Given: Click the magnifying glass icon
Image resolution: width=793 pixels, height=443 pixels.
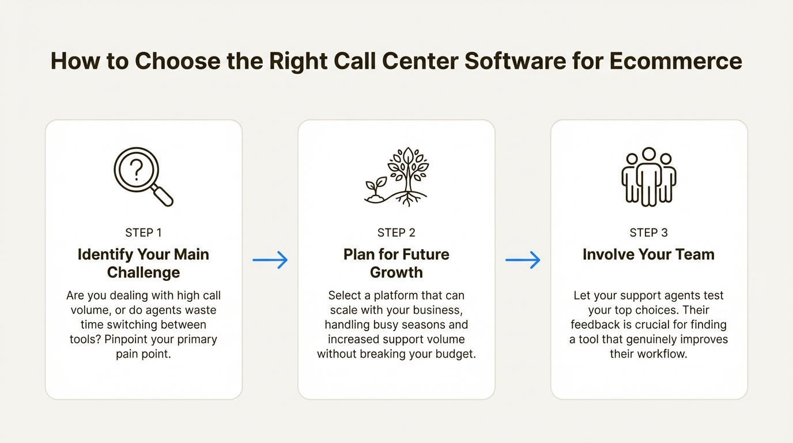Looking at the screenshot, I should pos(143,177).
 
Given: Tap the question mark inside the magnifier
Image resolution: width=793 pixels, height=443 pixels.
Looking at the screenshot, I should pos(136,170).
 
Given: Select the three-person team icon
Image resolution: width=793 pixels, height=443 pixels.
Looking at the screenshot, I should pos(649,177).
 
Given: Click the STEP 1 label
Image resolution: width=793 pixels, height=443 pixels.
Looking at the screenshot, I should pos(144,232).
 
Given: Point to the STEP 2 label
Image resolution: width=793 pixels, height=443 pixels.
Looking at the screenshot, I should pos(396,232).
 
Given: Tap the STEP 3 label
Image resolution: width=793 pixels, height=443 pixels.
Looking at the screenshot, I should pos(649,232).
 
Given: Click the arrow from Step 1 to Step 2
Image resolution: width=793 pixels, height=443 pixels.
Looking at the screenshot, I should pos(270,260).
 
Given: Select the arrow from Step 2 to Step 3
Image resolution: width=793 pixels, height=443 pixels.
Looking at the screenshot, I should pos(523,260).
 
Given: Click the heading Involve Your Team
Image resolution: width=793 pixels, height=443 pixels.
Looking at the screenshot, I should pos(649,254).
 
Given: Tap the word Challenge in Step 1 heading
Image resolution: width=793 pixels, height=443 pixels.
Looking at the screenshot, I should pos(144,272).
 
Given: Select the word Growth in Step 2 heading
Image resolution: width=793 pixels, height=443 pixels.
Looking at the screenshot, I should pos(396,272).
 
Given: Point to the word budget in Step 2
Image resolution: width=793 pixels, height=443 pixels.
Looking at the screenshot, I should pos(455,354).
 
